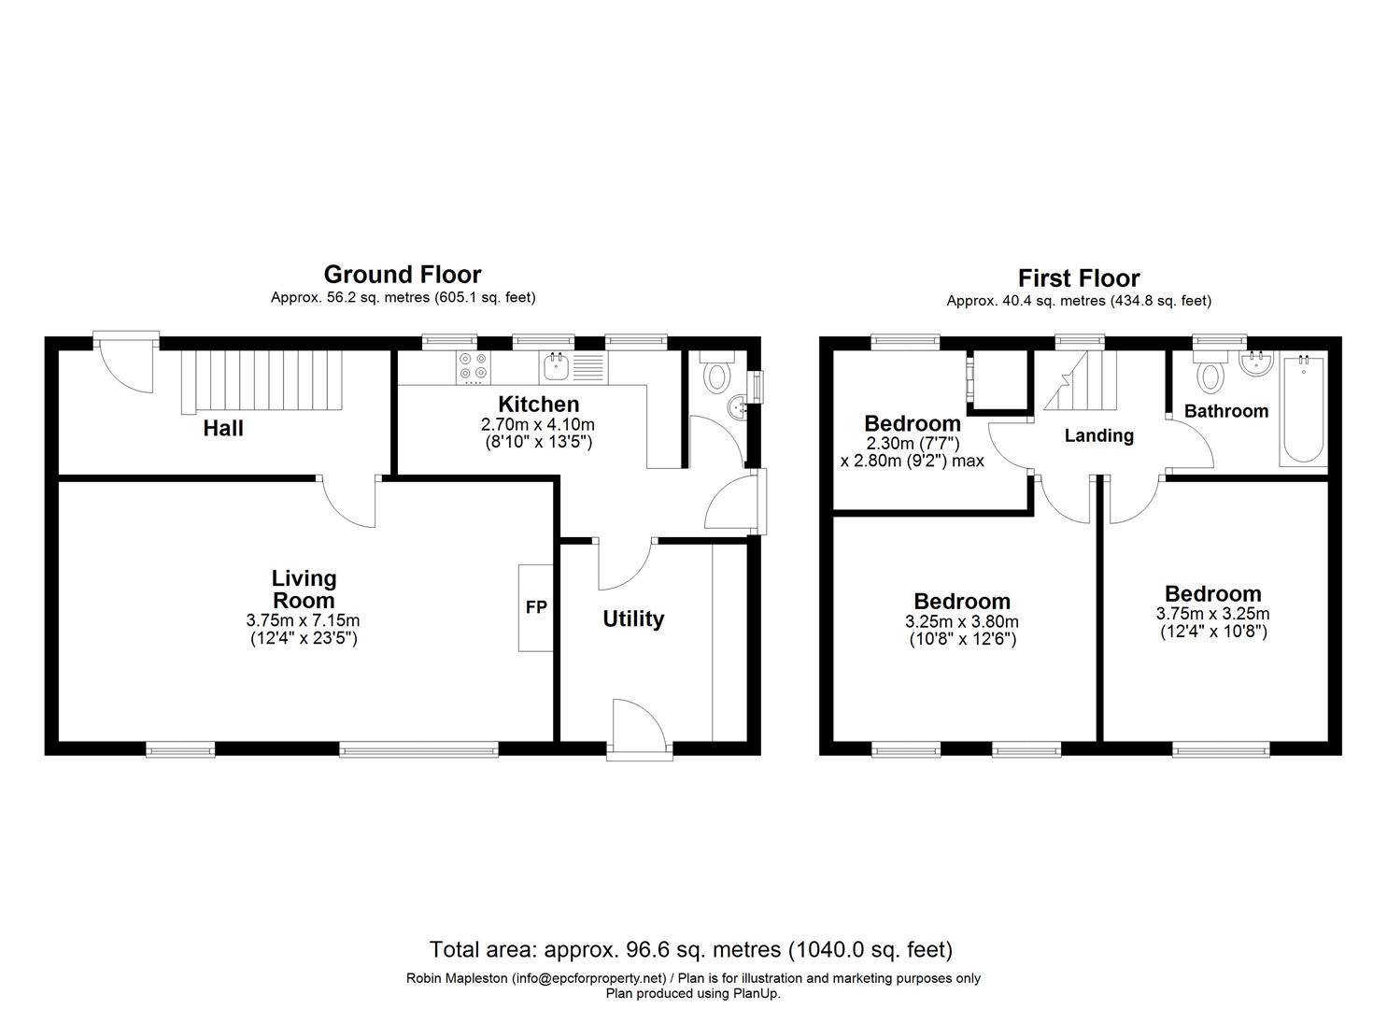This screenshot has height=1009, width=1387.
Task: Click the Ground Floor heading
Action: (x=402, y=274)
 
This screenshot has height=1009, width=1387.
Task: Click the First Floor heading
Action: (x=1078, y=277)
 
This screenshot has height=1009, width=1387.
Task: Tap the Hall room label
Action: (x=223, y=428)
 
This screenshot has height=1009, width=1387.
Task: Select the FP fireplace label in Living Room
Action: (x=536, y=607)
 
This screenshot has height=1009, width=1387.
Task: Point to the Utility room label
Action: (x=633, y=618)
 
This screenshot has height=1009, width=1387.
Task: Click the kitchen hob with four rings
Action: (x=472, y=367)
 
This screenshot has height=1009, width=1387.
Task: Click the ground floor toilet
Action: (x=717, y=373)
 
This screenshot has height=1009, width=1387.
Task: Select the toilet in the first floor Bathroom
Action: (x=1211, y=373)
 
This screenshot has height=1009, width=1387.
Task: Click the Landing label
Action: (x=1098, y=435)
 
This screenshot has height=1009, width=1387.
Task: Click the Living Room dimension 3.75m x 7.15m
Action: (x=304, y=619)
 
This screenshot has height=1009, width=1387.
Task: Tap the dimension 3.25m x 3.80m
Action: (x=961, y=621)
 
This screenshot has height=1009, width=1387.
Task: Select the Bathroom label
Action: (x=1225, y=410)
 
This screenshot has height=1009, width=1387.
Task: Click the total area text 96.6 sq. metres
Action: (x=690, y=950)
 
